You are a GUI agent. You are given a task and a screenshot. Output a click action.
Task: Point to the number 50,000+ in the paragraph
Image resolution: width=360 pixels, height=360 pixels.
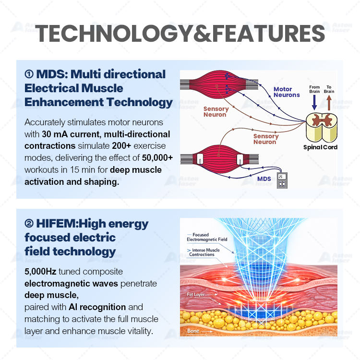[x=154, y=157]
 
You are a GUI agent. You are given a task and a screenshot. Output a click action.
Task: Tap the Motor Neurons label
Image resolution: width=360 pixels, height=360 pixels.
[x=287, y=92]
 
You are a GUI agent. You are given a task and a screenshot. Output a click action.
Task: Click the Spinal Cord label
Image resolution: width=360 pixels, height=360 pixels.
[x=320, y=147]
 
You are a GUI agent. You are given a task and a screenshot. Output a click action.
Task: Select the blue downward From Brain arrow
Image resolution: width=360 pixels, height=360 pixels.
[x=314, y=102]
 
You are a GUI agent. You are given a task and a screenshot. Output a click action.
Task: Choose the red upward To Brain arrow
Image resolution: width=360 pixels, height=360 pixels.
[x=329, y=102]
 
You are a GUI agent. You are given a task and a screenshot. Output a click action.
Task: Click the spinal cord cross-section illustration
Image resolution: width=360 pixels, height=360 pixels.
[x=320, y=125]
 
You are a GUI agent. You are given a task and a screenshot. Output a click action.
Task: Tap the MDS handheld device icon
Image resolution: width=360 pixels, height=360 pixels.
[x=283, y=180]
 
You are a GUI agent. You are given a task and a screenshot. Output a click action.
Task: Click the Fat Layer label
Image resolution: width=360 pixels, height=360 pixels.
[x=196, y=294]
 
